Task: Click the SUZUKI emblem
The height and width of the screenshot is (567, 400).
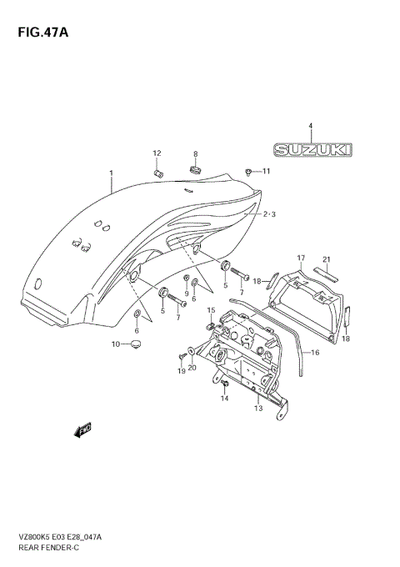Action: [x=311, y=150]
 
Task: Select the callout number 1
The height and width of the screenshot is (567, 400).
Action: [x=109, y=173]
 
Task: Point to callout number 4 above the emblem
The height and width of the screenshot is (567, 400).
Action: [x=310, y=126]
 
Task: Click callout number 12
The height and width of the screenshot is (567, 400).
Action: [x=156, y=153]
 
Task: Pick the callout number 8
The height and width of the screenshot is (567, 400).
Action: [x=196, y=154]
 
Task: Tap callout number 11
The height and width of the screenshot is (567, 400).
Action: [x=267, y=172]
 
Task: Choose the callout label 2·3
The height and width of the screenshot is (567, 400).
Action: [x=269, y=214]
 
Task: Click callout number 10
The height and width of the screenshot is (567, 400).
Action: [x=117, y=344]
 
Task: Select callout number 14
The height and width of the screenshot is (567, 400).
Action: [x=224, y=399]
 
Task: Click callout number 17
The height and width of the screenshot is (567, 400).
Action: [x=301, y=258]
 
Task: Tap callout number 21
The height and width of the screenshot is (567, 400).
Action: [x=327, y=258]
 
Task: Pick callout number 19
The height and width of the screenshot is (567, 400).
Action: [x=182, y=370]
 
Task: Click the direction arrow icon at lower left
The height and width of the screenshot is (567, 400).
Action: [x=82, y=430]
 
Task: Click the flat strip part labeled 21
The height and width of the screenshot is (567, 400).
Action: [x=324, y=273]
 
